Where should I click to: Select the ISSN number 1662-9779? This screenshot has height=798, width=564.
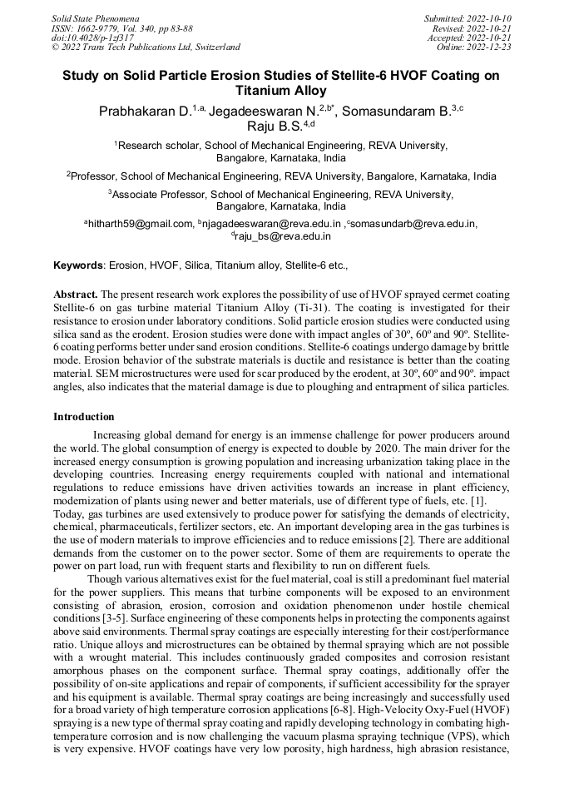point(98,27)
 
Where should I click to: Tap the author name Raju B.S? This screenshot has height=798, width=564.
point(274,126)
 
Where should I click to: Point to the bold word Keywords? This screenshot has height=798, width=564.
point(79,265)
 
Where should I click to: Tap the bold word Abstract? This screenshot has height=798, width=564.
point(76,295)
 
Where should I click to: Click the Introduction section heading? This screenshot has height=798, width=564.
point(84,416)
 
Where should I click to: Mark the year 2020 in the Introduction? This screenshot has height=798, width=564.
point(453,449)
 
